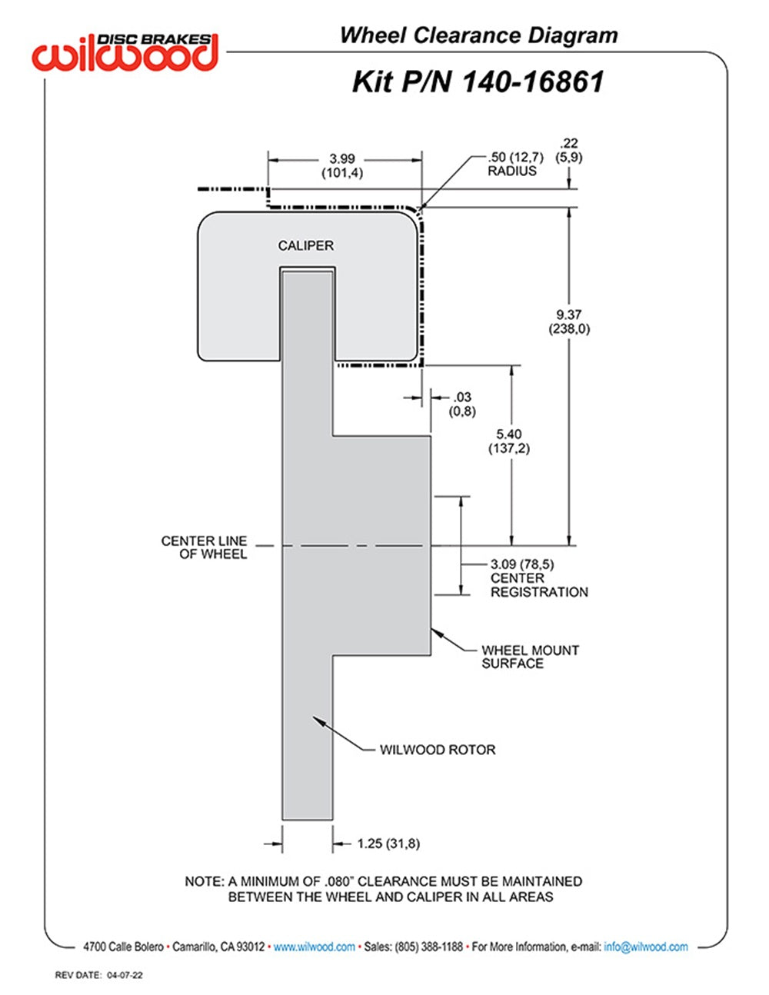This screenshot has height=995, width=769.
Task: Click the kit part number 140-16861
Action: point(478,82)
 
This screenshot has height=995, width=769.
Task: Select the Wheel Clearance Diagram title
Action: point(478,35)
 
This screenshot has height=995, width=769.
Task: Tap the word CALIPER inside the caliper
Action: point(306,245)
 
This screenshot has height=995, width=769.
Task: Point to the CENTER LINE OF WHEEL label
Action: point(205,547)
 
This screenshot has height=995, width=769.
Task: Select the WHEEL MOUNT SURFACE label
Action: point(530,657)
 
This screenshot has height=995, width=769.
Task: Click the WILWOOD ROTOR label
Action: point(438,750)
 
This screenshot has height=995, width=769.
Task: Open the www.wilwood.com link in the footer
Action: point(314,947)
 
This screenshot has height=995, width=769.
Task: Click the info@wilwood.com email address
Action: point(646,947)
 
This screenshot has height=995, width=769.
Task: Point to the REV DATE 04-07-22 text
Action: point(99,975)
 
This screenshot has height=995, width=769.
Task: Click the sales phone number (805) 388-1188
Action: point(428,947)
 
